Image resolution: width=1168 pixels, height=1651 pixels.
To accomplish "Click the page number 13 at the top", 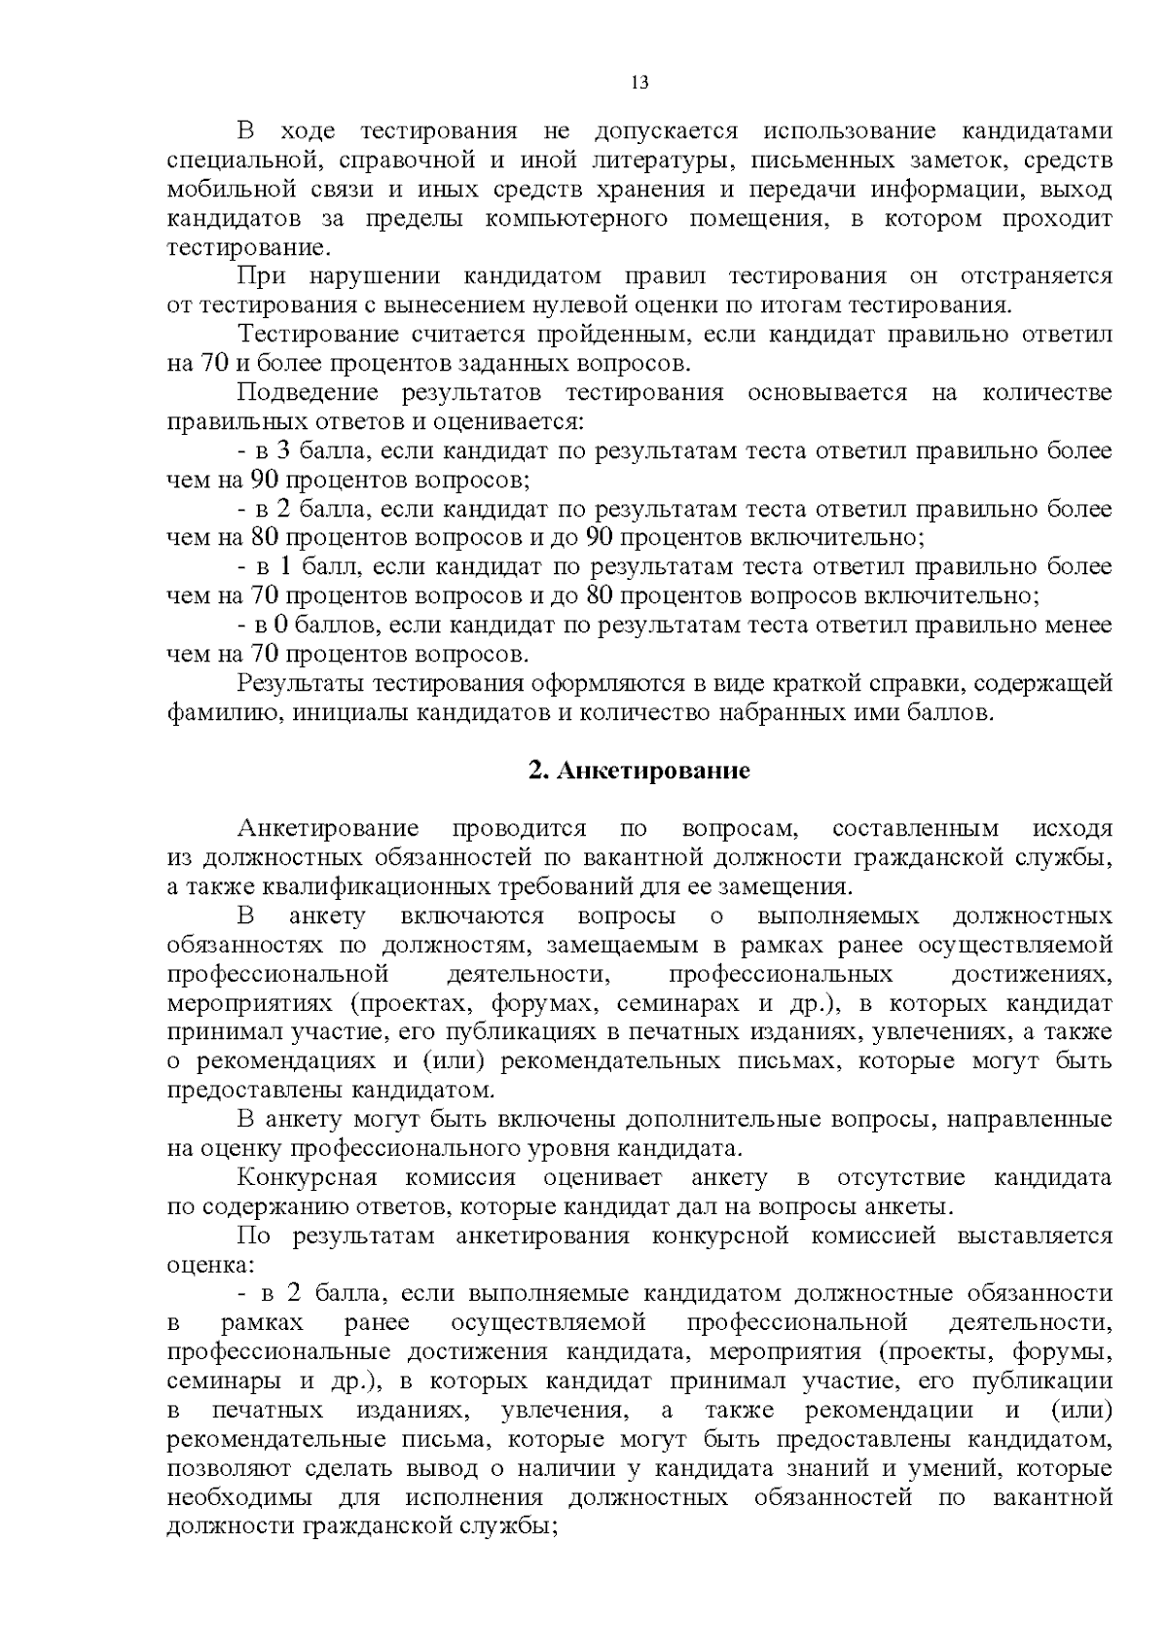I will [x=639, y=83].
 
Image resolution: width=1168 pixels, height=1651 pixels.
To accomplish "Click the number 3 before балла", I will [x=283, y=451].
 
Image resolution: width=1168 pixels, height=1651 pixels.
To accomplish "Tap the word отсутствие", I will [x=900, y=1178].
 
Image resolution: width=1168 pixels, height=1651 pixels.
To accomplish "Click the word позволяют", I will [x=228, y=1469].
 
